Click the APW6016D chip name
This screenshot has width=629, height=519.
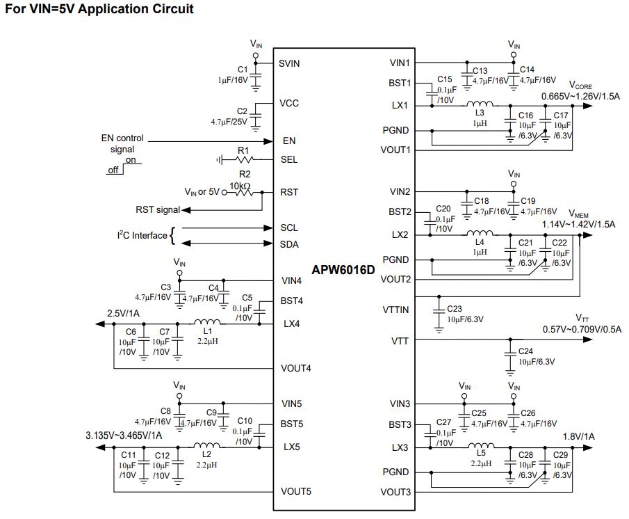(343, 270)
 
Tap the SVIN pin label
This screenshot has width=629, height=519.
(289, 63)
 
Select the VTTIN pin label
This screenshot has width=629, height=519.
(395, 310)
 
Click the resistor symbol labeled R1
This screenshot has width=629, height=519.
(243, 160)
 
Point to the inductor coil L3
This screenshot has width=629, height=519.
(480, 104)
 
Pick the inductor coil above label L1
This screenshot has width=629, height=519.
(207, 321)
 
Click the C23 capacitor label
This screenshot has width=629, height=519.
(455, 309)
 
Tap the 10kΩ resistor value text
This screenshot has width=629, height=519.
(240, 186)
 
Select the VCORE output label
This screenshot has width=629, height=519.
(580, 85)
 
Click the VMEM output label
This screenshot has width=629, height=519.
(578, 214)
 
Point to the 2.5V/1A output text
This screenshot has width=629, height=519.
(123, 313)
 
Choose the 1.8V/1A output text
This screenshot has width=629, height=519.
(578, 436)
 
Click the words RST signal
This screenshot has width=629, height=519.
(158, 210)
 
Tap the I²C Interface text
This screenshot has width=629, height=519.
(142, 235)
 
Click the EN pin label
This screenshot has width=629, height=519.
(289, 141)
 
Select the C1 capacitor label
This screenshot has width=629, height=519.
(243, 70)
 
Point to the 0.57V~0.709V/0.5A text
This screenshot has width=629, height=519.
(582, 330)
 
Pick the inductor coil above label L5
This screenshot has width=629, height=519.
(481, 445)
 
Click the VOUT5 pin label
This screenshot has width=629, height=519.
(296, 491)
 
